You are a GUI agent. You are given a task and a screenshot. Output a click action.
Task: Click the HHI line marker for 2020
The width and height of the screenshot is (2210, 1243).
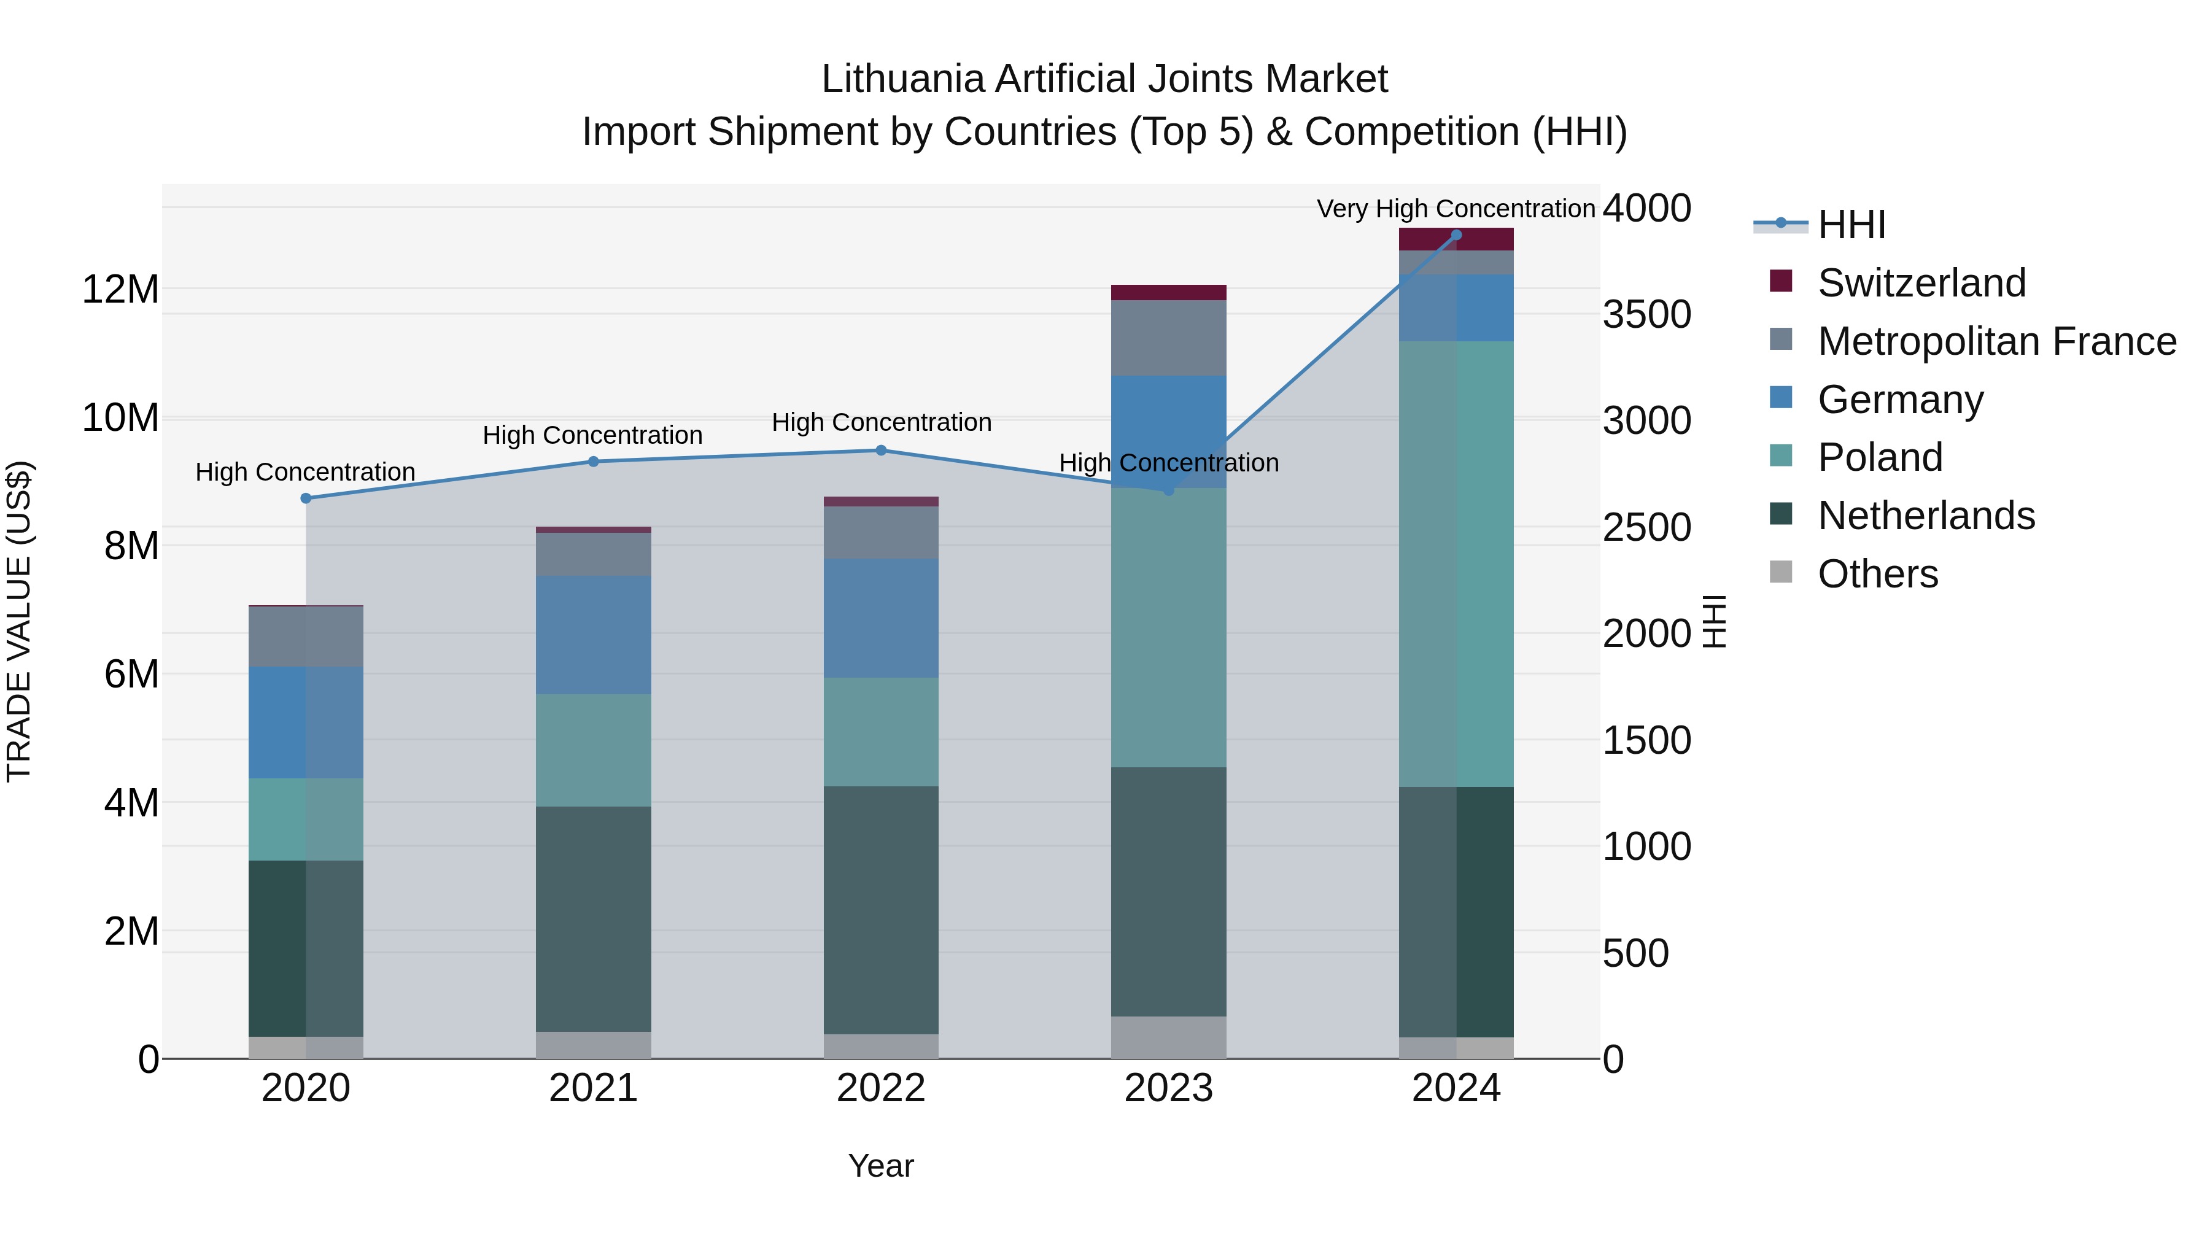click(306, 498)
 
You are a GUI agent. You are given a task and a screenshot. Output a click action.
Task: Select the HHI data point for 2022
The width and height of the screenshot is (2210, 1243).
click(881, 451)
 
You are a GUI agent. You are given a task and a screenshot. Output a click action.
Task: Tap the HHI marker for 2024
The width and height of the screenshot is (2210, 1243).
click(1456, 235)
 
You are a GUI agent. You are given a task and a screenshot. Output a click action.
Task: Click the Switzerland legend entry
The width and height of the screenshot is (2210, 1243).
click(1921, 283)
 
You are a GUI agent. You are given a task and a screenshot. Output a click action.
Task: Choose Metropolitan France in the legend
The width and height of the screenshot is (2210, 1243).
click(1996, 341)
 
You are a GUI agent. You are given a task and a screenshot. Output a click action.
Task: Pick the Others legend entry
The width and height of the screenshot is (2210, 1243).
click(1877, 574)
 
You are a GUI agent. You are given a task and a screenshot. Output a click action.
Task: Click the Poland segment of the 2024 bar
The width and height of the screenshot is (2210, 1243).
click(1456, 563)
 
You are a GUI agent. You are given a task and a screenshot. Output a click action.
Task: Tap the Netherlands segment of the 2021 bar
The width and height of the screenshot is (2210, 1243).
click(593, 918)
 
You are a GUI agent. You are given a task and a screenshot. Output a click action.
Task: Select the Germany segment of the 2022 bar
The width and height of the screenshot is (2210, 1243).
click(881, 618)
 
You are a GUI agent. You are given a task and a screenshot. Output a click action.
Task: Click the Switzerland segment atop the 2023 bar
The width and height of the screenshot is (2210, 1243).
click(1168, 293)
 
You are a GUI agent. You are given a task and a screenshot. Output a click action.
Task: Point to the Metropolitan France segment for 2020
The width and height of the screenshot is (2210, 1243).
click(306, 637)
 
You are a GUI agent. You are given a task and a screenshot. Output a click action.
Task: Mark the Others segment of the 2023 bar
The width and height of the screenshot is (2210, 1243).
click(1168, 1037)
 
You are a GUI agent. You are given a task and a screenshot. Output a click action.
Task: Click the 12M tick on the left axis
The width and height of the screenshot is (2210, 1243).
click(120, 290)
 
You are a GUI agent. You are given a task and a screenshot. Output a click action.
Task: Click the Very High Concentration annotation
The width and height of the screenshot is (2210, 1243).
click(1456, 209)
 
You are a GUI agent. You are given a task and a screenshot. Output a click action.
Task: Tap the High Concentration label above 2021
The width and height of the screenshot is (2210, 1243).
click(593, 436)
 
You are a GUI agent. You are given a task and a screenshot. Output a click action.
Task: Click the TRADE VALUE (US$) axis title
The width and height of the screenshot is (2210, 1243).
click(19, 622)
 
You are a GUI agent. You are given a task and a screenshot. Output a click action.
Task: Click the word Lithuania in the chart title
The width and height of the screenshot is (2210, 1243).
click(904, 79)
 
